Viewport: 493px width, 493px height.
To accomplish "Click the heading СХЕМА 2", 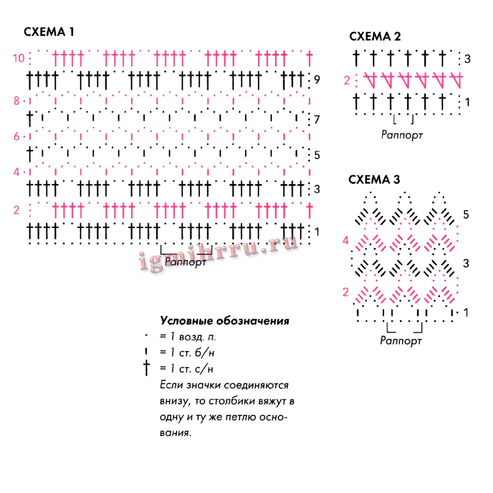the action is pos(375,37).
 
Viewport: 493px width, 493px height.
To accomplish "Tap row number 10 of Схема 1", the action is pos(19,58).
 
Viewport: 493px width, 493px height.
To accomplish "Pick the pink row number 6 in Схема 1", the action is pos(16,137).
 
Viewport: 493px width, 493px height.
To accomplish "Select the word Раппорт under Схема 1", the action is pos(185,262).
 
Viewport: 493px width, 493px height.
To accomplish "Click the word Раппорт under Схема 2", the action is pos(402,135).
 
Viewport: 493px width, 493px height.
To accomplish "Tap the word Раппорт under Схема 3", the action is pos(401,341).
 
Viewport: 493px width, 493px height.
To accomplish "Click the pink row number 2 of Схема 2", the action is pos(347,80).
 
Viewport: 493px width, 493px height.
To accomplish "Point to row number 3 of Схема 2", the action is pos(467,59).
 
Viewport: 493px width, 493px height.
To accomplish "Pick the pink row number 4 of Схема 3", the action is pos(346,241).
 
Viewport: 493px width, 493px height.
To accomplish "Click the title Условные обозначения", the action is pos(224,322).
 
